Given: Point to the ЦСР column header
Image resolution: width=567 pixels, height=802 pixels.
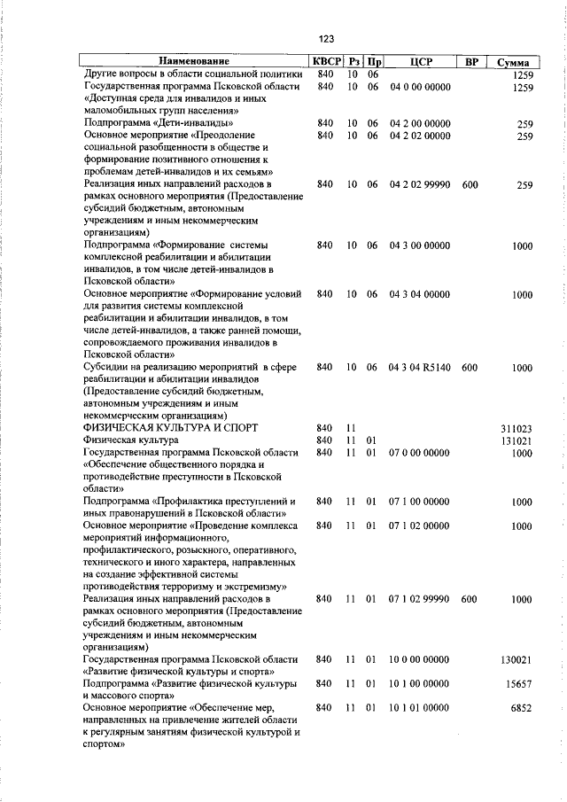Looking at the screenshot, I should [421, 62].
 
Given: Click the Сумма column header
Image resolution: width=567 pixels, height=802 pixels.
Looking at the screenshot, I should [513, 62].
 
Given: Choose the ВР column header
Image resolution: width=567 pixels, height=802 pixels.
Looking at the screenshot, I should [471, 62].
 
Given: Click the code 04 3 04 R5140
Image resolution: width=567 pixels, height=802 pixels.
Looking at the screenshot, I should [420, 367].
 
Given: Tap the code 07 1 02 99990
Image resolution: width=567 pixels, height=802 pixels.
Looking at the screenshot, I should [420, 600].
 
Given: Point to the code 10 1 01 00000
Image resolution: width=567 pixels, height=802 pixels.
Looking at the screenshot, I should [420, 708].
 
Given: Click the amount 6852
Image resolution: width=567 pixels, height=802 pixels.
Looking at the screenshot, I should [520, 708].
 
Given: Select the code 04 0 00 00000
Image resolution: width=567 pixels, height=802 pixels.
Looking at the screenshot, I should [420, 87].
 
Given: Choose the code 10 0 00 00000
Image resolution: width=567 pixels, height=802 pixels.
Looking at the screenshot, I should [420, 660].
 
